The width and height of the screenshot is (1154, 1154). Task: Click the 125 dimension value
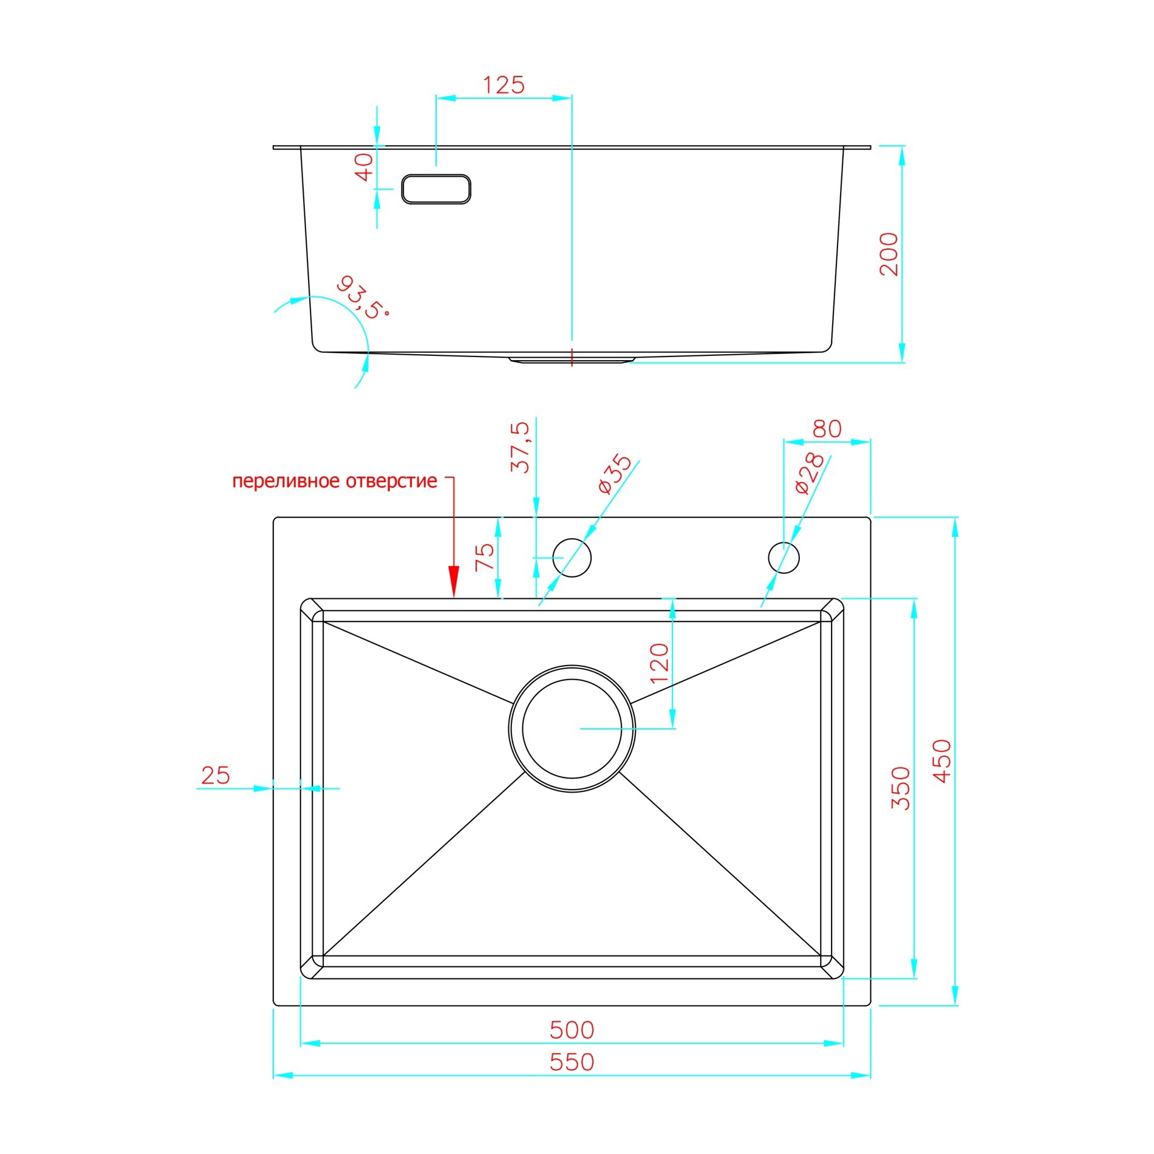504,85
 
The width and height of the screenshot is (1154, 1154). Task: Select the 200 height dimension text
889,254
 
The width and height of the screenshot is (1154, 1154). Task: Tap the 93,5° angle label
362,298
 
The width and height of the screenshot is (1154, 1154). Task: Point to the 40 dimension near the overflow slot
364,167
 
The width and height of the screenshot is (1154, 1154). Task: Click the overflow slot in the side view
436,189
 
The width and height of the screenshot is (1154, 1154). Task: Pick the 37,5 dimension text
520,448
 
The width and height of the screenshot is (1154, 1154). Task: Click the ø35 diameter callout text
615,474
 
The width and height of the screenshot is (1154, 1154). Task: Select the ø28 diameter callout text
810,473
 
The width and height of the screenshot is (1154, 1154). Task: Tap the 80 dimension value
827,429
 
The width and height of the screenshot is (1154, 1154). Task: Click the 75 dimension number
485,557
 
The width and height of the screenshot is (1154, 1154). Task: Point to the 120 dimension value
659,663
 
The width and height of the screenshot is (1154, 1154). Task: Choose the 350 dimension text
901,788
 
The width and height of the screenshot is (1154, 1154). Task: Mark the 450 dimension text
941,761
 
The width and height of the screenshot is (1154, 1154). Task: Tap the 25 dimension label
216,776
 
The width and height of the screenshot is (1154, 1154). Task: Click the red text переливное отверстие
335,481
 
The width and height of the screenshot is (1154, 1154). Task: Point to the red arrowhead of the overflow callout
454,581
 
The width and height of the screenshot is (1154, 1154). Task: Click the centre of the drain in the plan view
572,728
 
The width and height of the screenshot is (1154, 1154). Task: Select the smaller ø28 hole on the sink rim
784,558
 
